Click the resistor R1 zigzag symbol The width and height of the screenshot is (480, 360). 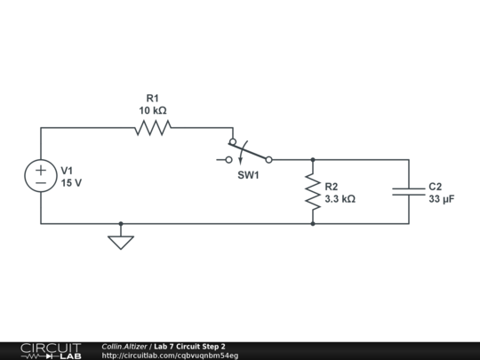click(x=152, y=128)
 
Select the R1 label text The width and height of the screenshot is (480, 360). click(x=152, y=98)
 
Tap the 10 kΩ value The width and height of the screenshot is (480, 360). click(x=152, y=111)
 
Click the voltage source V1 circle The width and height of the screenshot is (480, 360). click(x=41, y=176)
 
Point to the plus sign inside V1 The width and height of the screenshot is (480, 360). click(x=41, y=169)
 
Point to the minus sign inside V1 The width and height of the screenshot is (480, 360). click(x=41, y=183)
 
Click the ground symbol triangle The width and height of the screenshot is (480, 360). click(x=121, y=241)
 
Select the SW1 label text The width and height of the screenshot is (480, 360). click(x=248, y=176)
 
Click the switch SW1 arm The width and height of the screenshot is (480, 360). click(x=251, y=151)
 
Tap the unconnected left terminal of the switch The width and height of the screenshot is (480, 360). click(x=228, y=160)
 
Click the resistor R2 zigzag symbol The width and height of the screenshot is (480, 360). click(x=313, y=192)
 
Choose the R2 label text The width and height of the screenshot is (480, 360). click(x=332, y=187)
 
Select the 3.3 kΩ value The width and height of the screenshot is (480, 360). click(x=340, y=200)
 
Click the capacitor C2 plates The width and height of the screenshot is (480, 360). click(x=409, y=192)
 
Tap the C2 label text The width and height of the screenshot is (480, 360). click(x=435, y=187)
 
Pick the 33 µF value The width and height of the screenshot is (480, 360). click(x=442, y=200)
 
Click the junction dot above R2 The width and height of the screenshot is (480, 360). click(x=313, y=160)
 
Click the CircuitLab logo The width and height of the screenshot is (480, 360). click(x=50, y=350)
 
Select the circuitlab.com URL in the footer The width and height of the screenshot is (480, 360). click(x=170, y=356)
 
